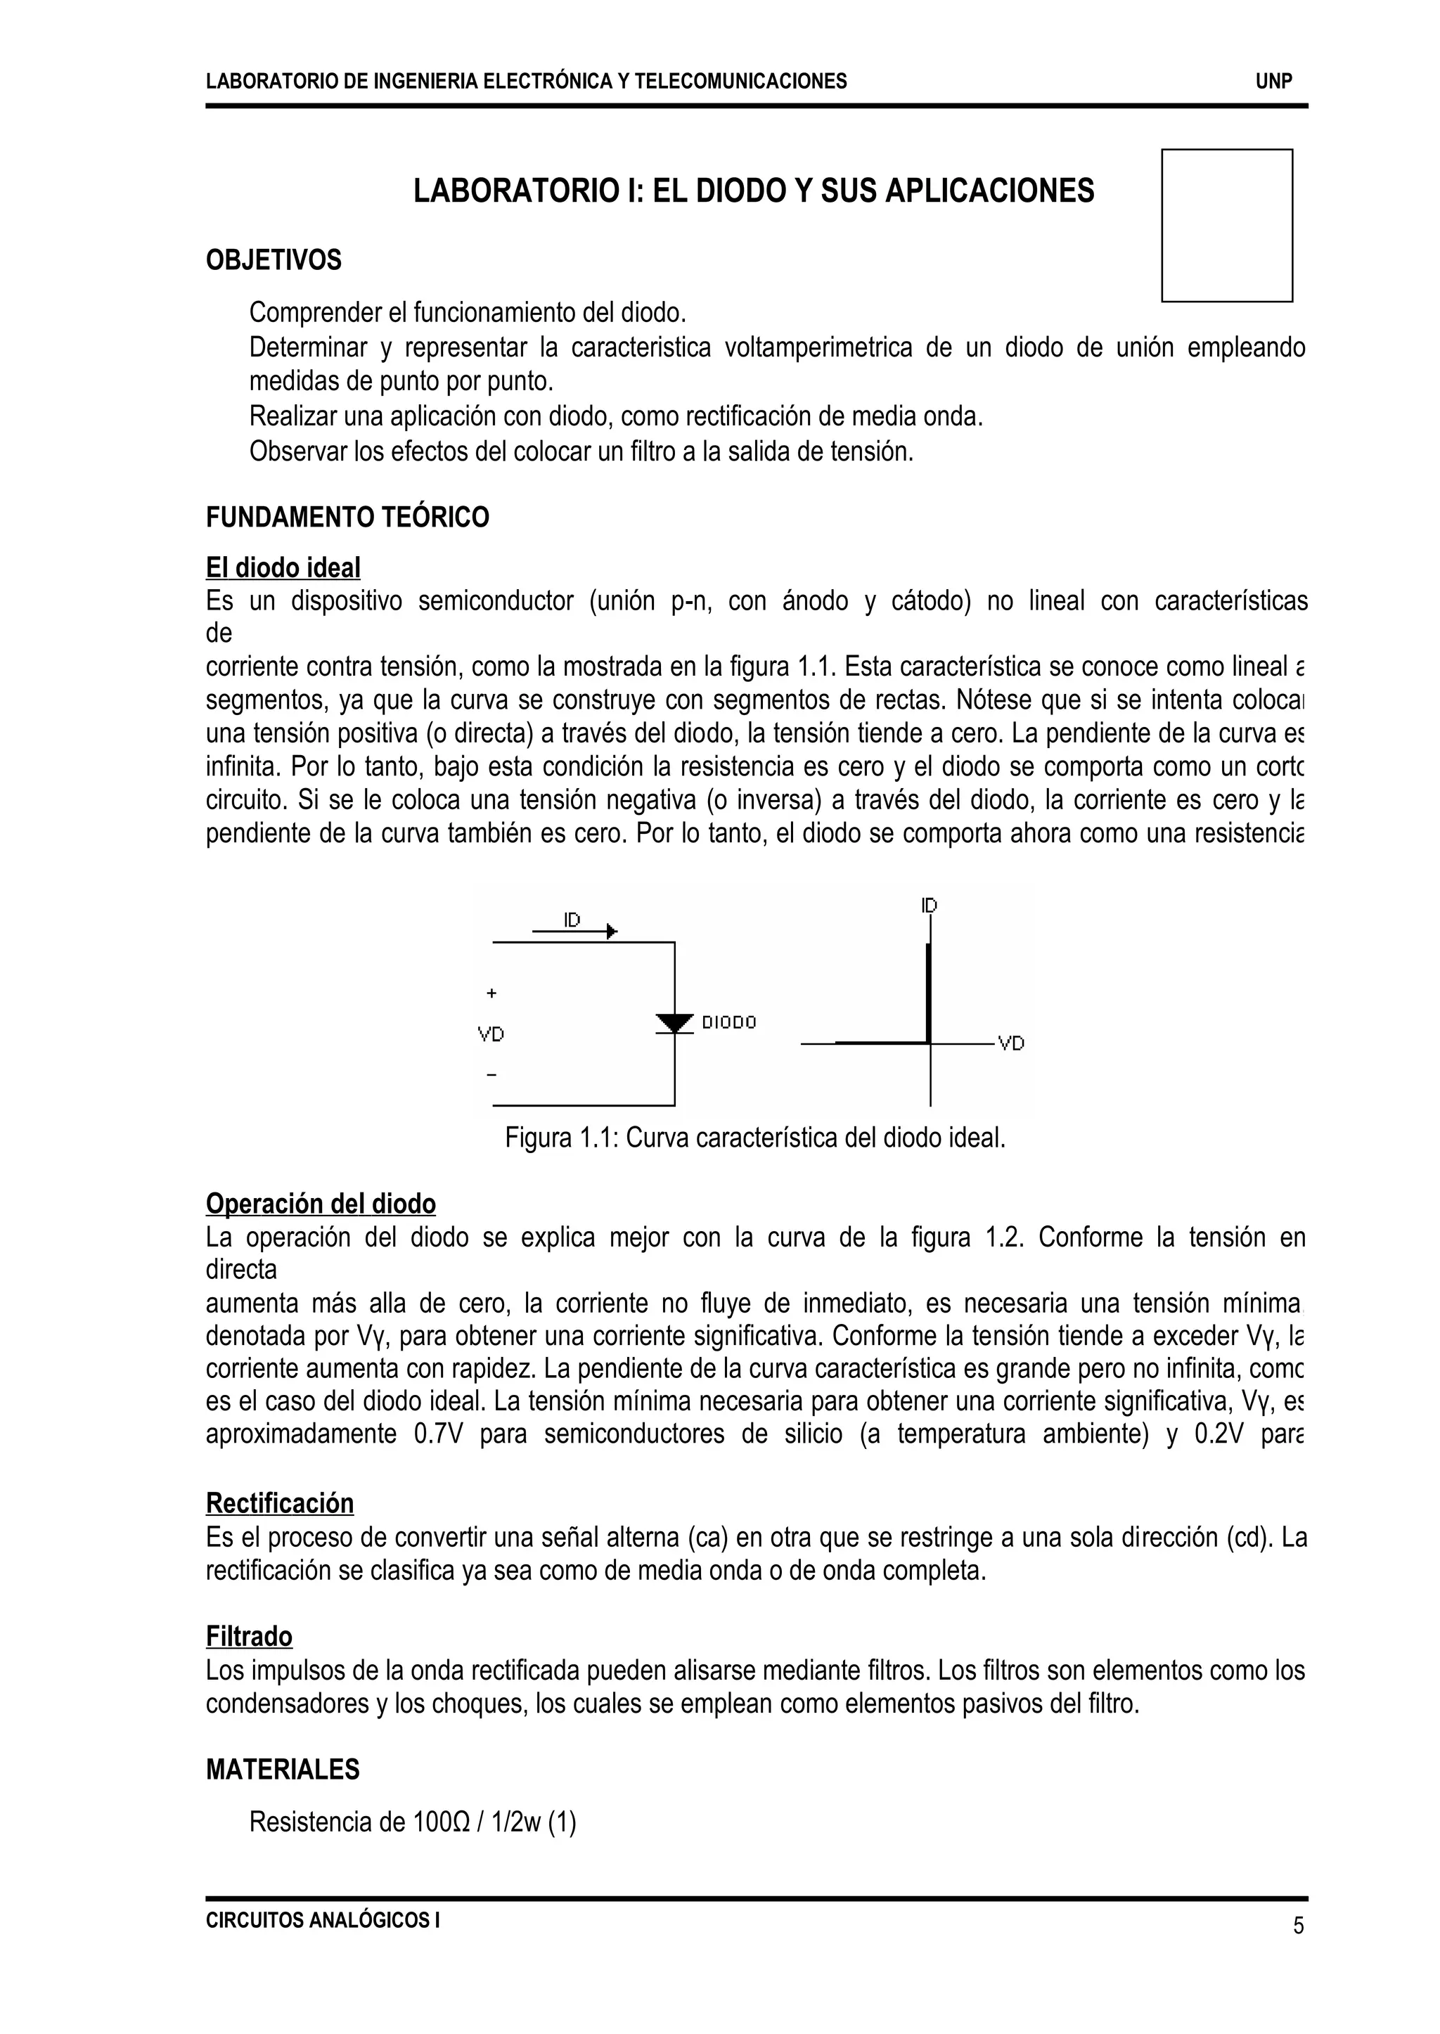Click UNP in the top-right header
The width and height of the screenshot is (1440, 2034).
point(1273,82)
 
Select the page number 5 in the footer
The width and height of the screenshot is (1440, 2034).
point(1298,1926)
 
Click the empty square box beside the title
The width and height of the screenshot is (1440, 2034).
point(1226,225)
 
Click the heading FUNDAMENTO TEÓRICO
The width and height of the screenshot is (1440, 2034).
point(347,517)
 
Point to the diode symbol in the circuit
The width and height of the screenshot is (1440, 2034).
point(675,1023)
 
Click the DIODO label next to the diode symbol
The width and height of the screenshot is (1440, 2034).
point(729,1022)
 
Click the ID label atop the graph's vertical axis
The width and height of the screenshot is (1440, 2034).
point(928,906)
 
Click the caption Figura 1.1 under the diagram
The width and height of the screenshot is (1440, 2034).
point(754,1138)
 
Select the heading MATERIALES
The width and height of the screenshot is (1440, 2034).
point(282,1769)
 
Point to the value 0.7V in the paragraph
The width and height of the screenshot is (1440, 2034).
point(438,1434)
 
